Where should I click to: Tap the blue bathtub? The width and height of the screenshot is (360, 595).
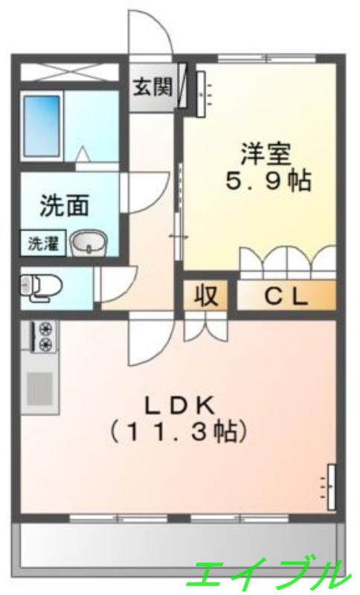(x=42, y=125)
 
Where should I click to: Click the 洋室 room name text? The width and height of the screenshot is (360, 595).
(x=266, y=153)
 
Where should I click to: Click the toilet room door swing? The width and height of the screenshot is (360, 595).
(x=115, y=283)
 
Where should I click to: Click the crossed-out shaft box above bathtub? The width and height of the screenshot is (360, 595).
(x=68, y=72)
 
